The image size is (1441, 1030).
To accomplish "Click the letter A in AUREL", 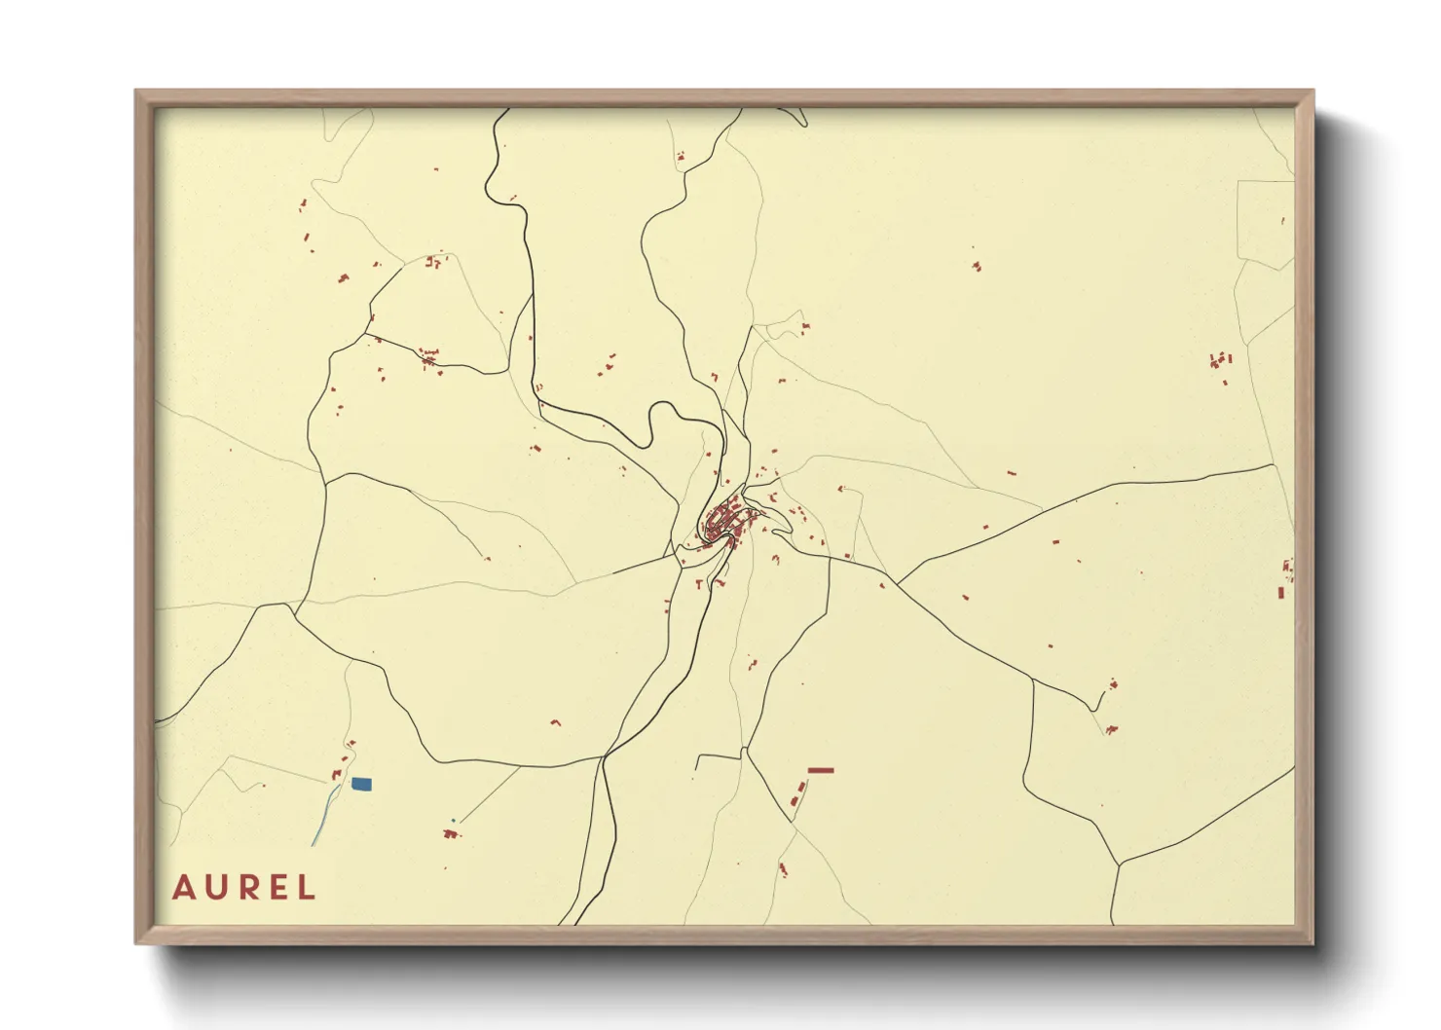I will [x=182, y=888].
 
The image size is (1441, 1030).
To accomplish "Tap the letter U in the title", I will [x=214, y=888].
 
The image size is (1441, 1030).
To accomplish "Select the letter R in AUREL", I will [x=246, y=888].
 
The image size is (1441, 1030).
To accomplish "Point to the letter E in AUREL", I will [x=277, y=888].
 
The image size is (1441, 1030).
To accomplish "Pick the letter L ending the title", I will [x=307, y=888].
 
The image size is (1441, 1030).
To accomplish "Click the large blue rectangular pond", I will [x=361, y=784].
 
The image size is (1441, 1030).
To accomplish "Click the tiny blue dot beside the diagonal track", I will [x=454, y=821].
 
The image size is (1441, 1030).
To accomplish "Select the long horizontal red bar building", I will [x=821, y=770].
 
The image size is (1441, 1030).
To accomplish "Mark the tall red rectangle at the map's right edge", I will [x=1281, y=592].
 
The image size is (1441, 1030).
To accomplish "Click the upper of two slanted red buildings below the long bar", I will [x=802, y=785].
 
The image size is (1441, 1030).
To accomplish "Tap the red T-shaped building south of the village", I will [x=720, y=583].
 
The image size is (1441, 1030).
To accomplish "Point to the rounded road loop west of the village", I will [x=666, y=421].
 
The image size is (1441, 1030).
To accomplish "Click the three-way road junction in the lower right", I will [x=1119, y=864].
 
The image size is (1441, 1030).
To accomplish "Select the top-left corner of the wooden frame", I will [x=137, y=92].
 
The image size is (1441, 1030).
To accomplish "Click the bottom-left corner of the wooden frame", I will [x=137, y=941].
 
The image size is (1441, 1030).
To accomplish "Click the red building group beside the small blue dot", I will [x=449, y=833].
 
